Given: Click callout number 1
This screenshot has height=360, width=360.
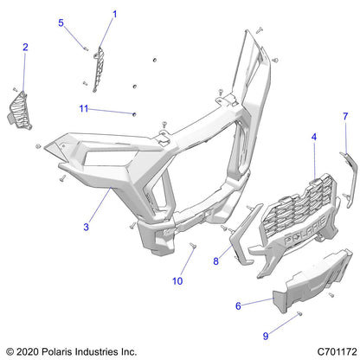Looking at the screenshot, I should pyautogui.click(x=114, y=14).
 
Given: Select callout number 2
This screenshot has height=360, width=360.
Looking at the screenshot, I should pyautogui.click(x=25, y=47).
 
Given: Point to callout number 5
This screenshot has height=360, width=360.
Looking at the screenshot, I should pyautogui.click(x=61, y=22).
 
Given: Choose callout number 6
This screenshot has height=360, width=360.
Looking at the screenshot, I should pyautogui.click(x=239, y=305).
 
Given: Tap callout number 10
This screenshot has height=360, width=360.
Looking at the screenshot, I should pyautogui.click(x=178, y=281).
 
